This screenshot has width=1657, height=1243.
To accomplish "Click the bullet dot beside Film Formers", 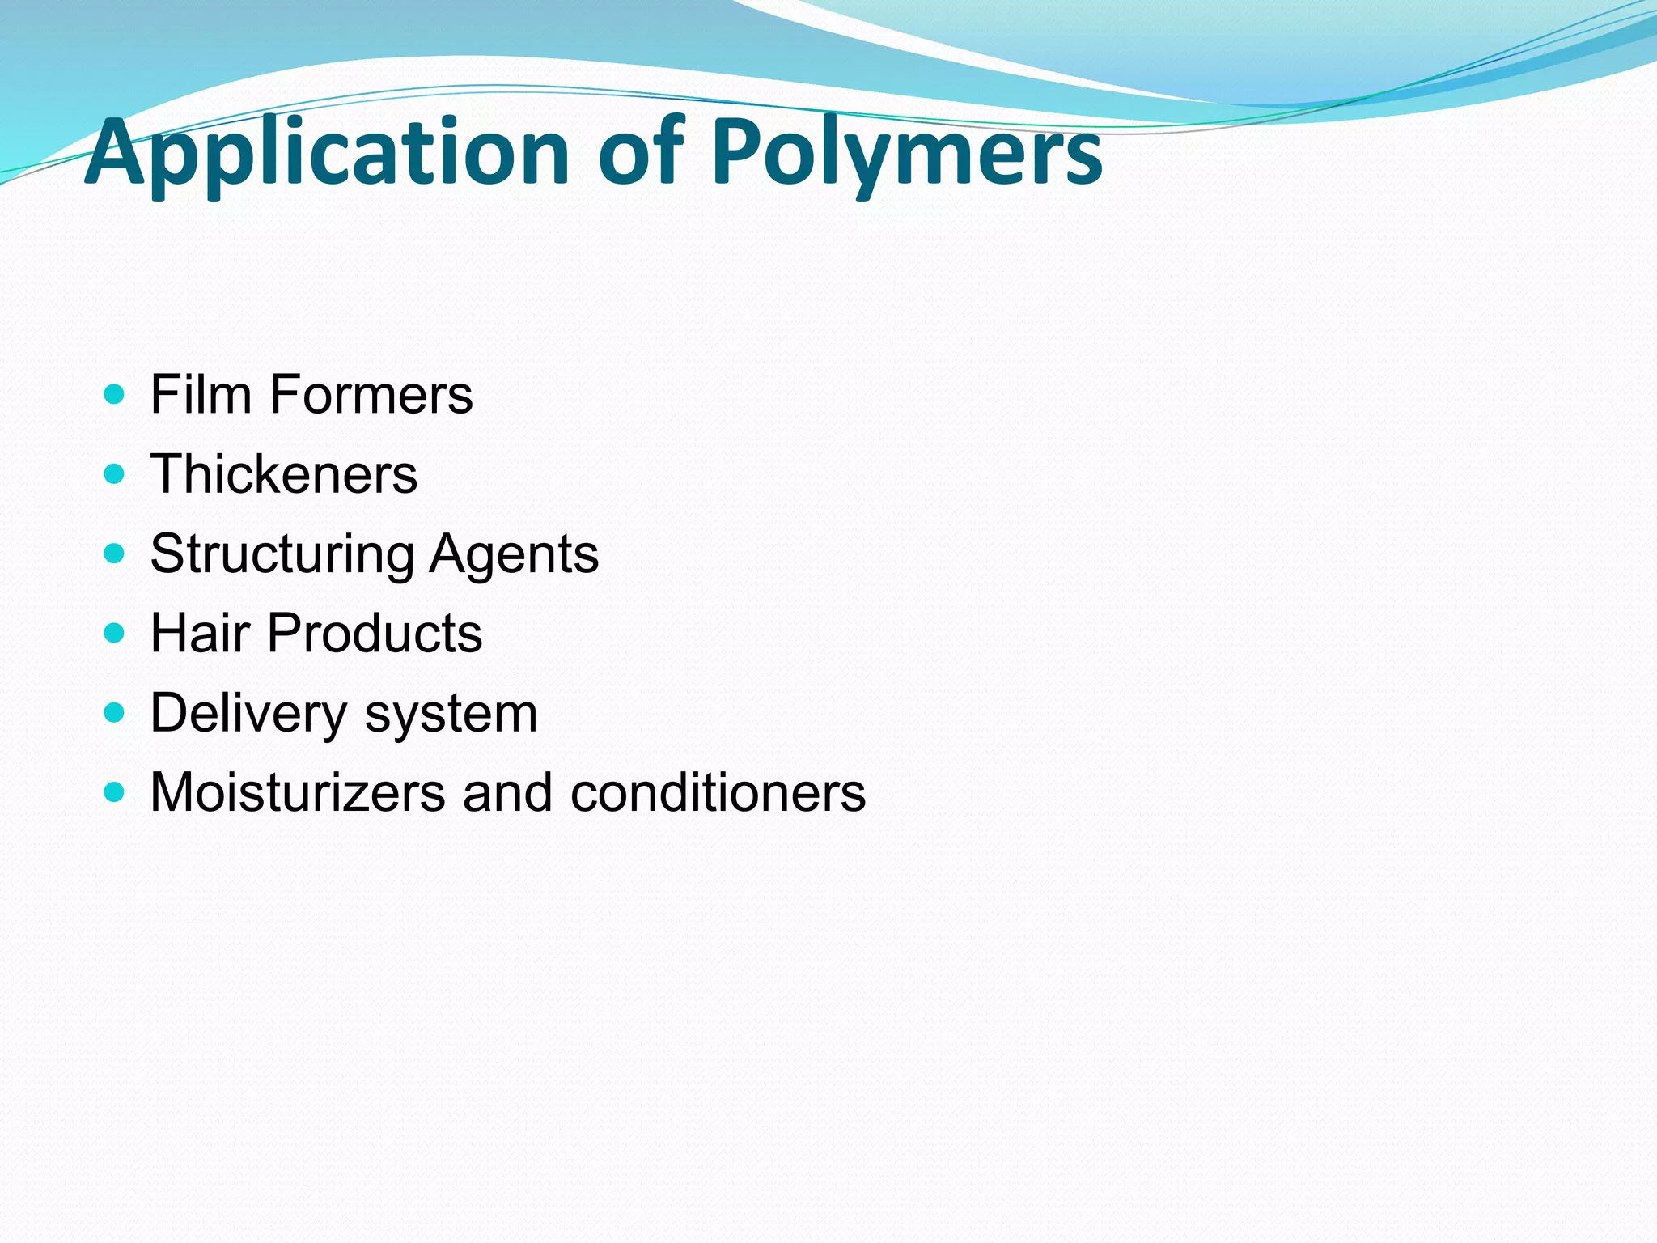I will click(115, 395).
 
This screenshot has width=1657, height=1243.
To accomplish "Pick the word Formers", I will click(371, 395).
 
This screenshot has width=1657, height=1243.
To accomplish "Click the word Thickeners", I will click(284, 473).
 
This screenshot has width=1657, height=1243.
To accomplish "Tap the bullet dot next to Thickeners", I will click(115, 473).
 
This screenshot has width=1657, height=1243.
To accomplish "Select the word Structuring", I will click(282, 554).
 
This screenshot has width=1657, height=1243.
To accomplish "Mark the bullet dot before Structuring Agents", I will click(115, 554).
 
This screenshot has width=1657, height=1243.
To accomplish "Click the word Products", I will click(375, 633).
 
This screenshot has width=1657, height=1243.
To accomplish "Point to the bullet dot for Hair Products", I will click(115, 632).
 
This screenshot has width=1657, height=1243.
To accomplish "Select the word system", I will click(451, 714).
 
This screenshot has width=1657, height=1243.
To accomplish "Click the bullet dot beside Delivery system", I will click(115, 712).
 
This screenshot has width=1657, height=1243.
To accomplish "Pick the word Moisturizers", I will click(298, 792).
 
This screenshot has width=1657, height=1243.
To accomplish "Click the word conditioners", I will click(718, 792).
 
